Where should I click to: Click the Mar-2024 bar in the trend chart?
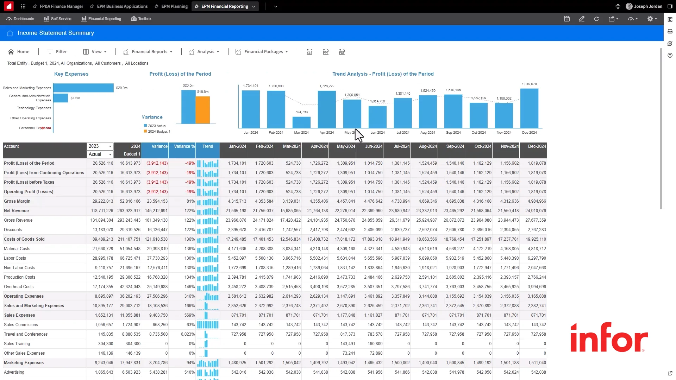[x=301, y=122]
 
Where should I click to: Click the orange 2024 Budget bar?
[x=202, y=110]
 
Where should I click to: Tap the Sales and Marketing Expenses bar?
[x=83, y=88]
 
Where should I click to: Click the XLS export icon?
[x=309, y=52]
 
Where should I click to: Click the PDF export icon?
[x=342, y=52]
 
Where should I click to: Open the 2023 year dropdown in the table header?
[x=100, y=146]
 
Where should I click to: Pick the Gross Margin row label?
[x=17, y=201]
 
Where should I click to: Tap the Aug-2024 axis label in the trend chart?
[x=427, y=133]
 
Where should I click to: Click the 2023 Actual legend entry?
[x=157, y=126]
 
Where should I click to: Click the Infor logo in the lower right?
[x=609, y=338]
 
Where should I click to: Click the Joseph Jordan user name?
[x=647, y=6]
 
